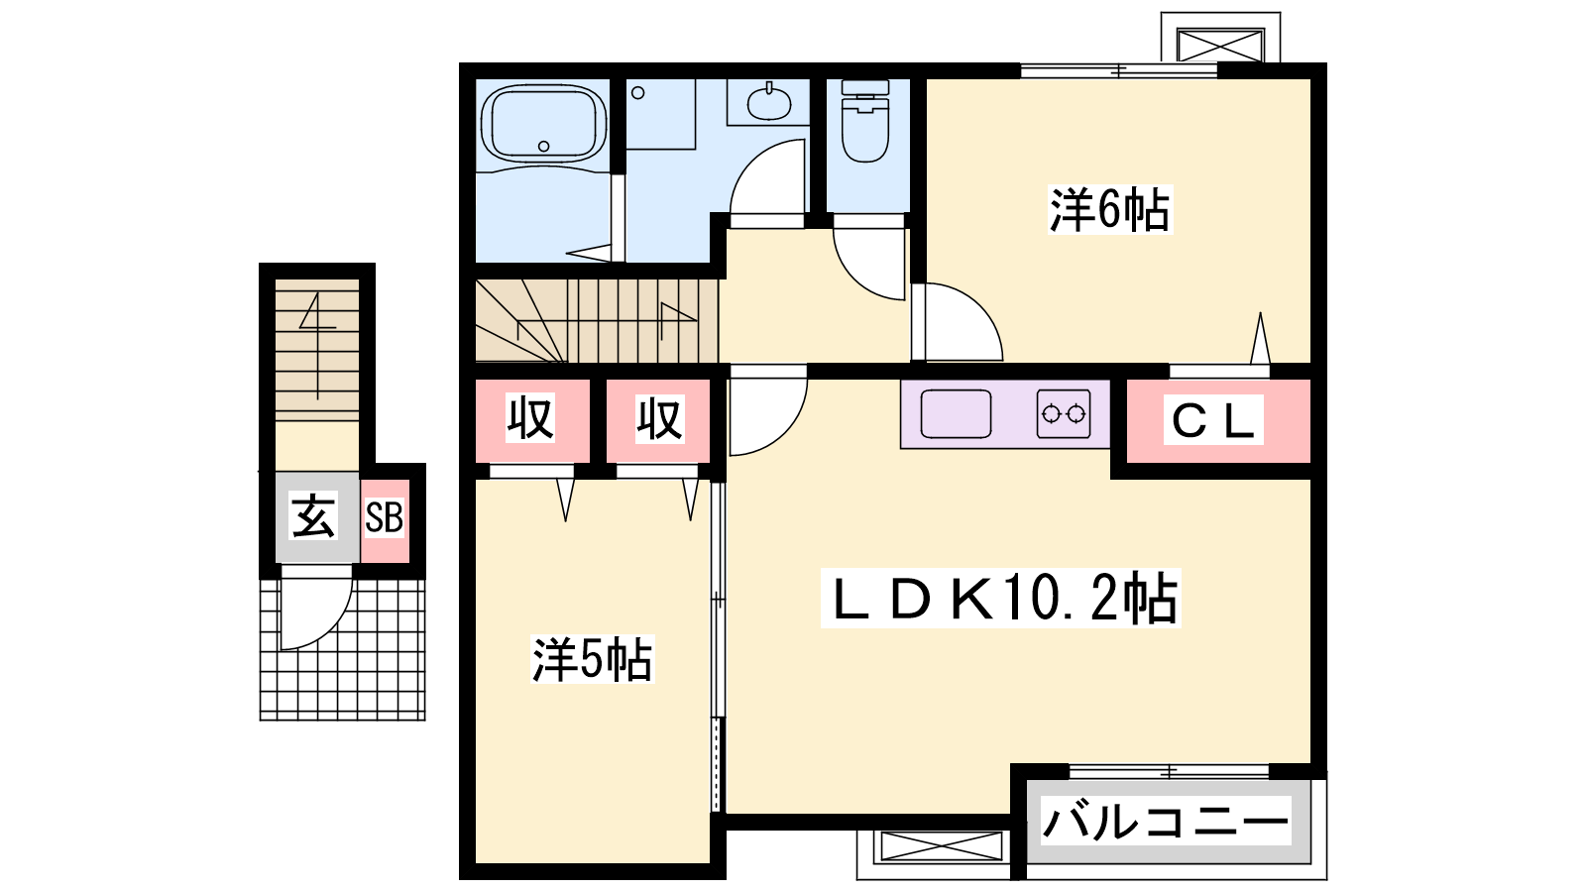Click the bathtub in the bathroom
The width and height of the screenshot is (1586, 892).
coord(544,124)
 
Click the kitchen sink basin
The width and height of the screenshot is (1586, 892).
coord(956,413)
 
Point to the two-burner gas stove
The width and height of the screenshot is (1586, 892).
coord(1064,413)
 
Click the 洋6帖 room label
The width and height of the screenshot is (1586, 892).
coord(1109,209)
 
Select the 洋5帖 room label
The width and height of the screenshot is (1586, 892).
coord(593,660)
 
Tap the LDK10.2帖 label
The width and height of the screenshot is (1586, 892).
coord(1000,599)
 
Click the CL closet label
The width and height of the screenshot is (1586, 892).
coord(1213,420)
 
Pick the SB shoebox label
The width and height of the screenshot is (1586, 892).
coord(384,516)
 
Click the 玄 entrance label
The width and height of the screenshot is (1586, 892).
coord(313,516)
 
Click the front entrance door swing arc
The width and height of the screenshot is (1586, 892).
coord(331,623)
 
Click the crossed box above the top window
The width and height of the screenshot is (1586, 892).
coord(1220,45)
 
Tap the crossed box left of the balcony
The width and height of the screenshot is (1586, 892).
coord(943,846)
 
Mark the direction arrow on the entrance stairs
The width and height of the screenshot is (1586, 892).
coord(316,346)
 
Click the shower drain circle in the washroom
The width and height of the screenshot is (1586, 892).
coord(638,93)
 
